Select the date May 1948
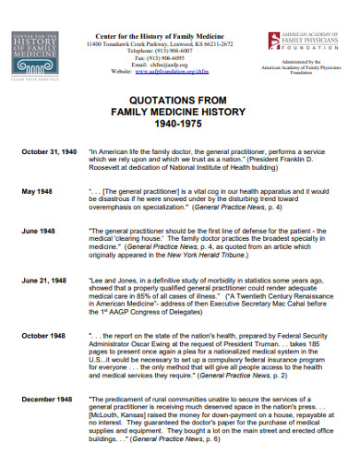coord(34,191)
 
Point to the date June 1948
coord(35,232)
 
